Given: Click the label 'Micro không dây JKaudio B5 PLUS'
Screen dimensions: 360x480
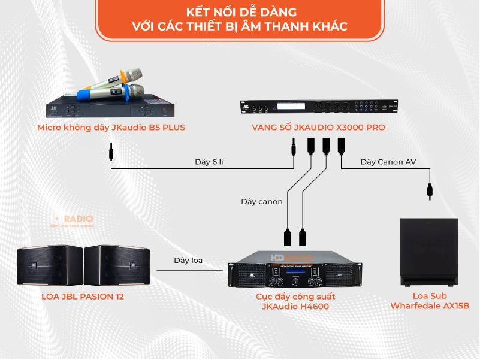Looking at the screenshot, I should [111, 127].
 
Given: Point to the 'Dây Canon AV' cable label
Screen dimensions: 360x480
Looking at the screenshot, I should [388, 162].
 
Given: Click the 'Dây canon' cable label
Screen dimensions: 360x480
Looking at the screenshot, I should [262, 202].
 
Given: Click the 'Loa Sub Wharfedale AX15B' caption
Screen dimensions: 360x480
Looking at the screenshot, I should [430, 301].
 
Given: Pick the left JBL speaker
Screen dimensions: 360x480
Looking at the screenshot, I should [50, 265].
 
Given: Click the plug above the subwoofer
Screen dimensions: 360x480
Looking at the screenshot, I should [430, 190].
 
